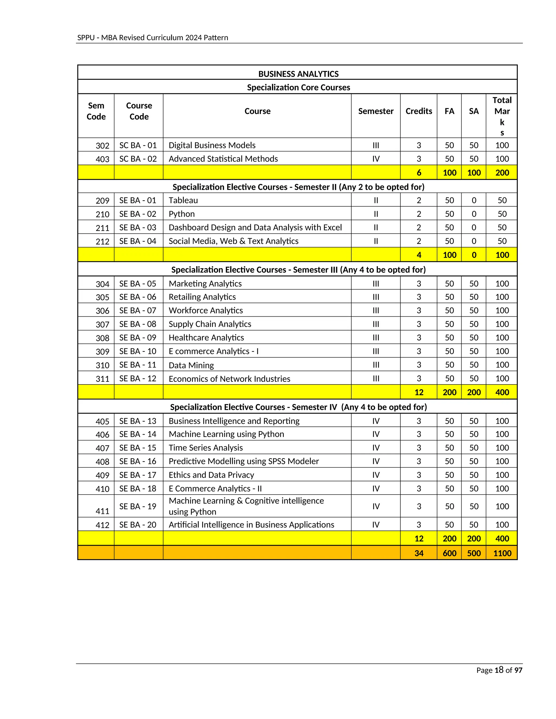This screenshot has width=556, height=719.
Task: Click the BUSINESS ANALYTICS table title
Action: pyautogui.click(x=298, y=74)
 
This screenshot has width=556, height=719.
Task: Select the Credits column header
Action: pyautogui.click(x=418, y=111)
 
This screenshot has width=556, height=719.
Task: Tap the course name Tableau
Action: pyautogui.click(x=183, y=200)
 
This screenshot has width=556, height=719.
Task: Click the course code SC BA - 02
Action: pyautogui.click(x=138, y=159)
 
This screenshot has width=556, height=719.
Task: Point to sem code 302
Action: pyautogui.click(x=102, y=145)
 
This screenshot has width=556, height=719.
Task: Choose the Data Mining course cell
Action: pyautogui.click(x=191, y=365)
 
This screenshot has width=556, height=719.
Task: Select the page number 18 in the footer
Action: pyautogui.click(x=499, y=670)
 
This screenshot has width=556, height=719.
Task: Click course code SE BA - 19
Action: pyautogui.click(x=138, y=506)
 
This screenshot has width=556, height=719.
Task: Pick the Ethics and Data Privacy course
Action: pyautogui.click(x=211, y=475)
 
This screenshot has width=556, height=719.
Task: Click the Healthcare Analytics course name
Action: pyautogui.click(x=206, y=338)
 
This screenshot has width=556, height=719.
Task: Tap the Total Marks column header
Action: pyautogui.click(x=502, y=116)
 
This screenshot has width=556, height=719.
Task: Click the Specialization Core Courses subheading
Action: pyautogui.click(x=298, y=87)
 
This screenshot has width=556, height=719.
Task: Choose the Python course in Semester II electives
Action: pyautogui.click(x=182, y=214)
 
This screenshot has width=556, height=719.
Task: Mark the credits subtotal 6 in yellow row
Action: pyautogui.click(x=419, y=173)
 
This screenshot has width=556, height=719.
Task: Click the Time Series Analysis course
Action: pyautogui.click(x=206, y=448)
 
